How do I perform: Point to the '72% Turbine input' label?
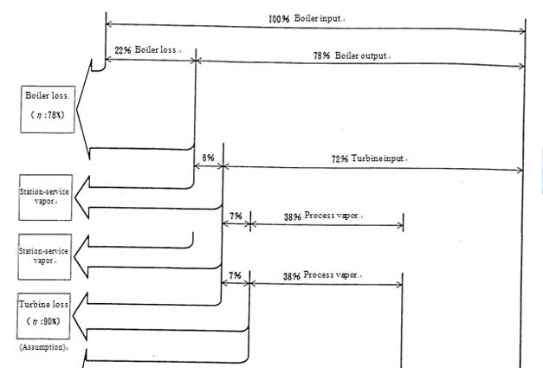(x=370, y=160)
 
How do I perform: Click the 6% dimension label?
(x=208, y=158)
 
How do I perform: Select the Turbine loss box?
(x=45, y=314)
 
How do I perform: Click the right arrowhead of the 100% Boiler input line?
(x=521, y=32)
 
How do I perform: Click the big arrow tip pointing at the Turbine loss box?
(x=76, y=318)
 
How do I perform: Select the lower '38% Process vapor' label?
(x=322, y=275)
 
